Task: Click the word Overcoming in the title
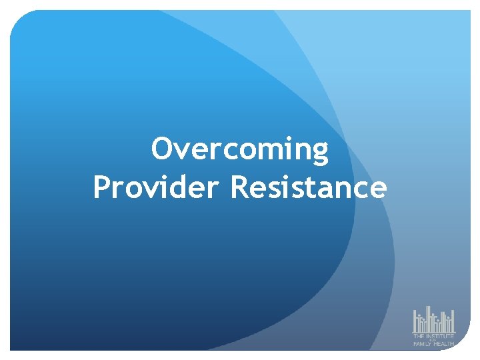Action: (x=240, y=149)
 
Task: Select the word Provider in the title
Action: (x=157, y=187)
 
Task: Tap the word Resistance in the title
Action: (x=308, y=187)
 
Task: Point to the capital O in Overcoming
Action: (x=162, y=149)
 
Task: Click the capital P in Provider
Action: (x=102, y=187)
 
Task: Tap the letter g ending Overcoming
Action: (x=321, y=152)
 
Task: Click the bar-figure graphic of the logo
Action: (x=433, y=320)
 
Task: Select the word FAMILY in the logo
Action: (x=423, y=344)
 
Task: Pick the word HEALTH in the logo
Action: (x=444, y=344)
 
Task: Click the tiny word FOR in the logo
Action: (x=434, y=340)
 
